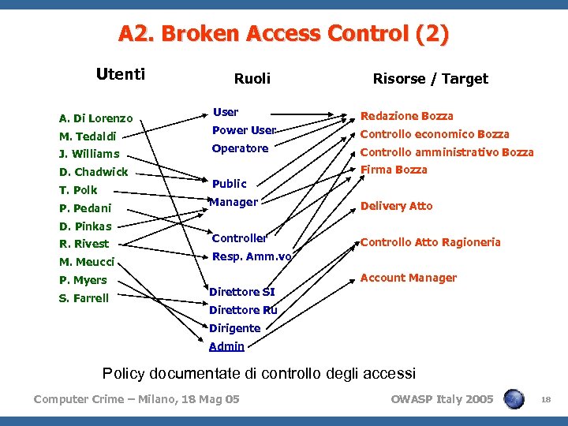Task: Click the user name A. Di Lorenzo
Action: point(95,119)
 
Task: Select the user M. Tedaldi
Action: point(88,136)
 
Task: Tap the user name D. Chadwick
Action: point(93,172)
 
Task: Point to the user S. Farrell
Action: point(84,298)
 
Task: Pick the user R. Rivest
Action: point(84,244)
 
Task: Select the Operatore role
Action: point(240,148)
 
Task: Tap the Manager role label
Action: point(234,202)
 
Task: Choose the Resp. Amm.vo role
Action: point(252,256)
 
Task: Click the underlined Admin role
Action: point(226,346)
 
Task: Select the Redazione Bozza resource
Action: point(406,116)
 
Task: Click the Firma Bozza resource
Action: point(394,170)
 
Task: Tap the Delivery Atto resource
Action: point(396,206)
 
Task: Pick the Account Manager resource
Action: point(408,278)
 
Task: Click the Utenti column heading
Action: point(120,75)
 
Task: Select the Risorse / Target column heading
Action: point(430,78)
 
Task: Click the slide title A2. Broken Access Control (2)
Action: point(284,34)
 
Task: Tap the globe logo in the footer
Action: point(514,399)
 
